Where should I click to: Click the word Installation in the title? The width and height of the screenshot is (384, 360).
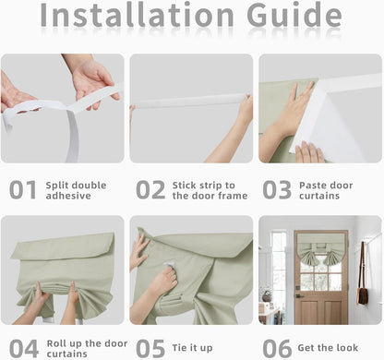[x=138, y=15]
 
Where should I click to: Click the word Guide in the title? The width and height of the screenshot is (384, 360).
[x=294, y=14]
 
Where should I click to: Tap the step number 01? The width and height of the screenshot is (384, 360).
[x=23, y=190]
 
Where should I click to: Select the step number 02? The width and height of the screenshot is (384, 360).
[x=150, y=190]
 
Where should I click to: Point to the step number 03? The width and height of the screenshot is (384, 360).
[x=277, y=190]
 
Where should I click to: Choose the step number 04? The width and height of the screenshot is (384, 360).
[x=24, y=349]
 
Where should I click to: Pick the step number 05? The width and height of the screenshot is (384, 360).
[x=150, y=348]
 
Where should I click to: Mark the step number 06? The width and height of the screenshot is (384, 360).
[x=277, y=348]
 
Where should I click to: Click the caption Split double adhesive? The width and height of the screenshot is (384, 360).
[x=76, y=190]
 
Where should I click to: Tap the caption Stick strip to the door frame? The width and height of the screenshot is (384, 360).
[x=210, y=190]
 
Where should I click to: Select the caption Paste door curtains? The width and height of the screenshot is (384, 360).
[x=326, y=190]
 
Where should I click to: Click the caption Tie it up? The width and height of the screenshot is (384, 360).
[x=192, y=348]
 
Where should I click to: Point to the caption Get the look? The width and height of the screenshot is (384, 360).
[x=328, y=348]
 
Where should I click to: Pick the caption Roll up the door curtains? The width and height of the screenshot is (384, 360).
[x=87, y=349]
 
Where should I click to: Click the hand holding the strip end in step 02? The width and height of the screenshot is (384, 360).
[x=246, y=108]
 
